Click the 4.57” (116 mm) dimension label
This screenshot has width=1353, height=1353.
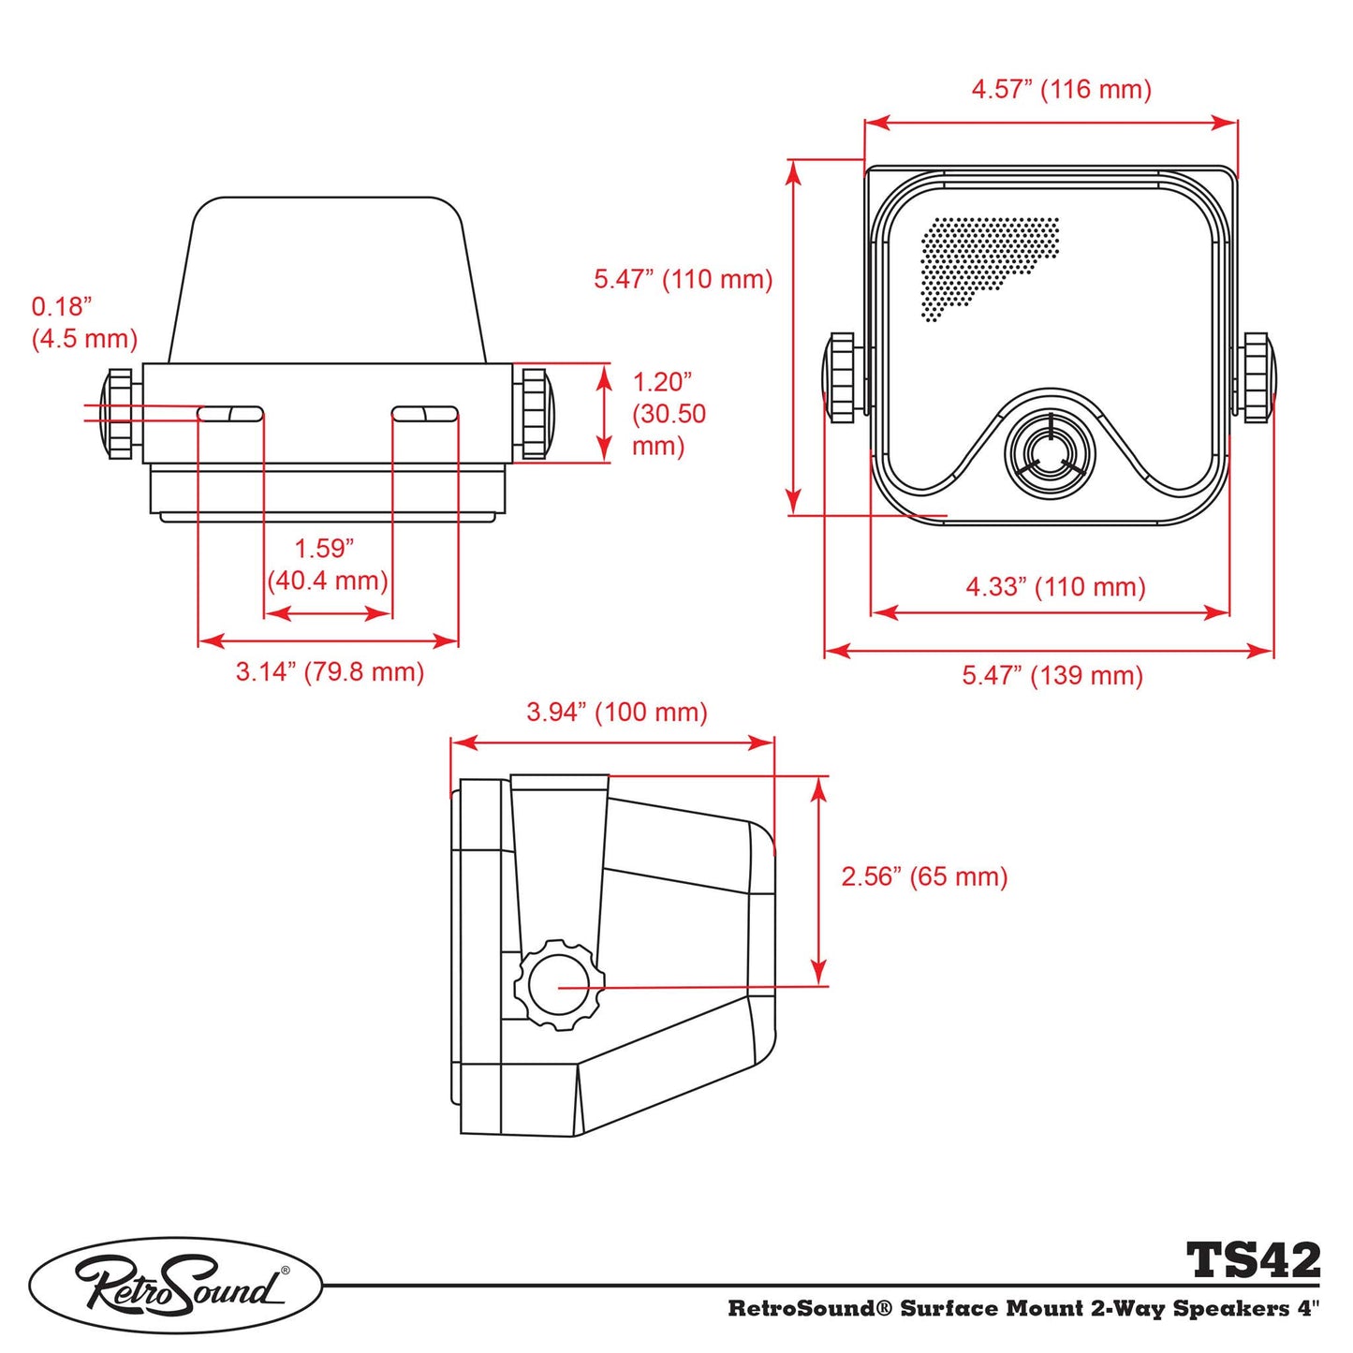click(1061, 90)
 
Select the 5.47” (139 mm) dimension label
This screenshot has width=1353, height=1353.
click(1052, 675)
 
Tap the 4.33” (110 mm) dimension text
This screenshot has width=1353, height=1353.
click(1055, 587)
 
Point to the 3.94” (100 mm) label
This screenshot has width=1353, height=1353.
click(616, 713)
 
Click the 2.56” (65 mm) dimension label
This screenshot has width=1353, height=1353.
click(924, 876)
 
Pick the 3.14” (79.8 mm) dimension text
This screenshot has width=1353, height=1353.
click(330, 671)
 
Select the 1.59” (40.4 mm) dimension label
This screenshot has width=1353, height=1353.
click(327, 565)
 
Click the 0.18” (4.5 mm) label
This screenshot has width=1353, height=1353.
click(83, 322)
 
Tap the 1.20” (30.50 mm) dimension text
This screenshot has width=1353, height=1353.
click(668, 413)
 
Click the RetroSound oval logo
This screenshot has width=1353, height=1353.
click(176, 1285)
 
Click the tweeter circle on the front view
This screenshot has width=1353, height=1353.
click(1050, 453)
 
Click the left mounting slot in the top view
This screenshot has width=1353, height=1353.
click(230, 414)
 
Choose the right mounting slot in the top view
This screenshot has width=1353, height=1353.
click(424, 414)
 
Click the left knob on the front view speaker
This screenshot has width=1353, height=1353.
click(840, 376)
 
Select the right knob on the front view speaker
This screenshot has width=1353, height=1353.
click(1256, 376)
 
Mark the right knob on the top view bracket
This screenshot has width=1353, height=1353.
click(535, 413)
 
